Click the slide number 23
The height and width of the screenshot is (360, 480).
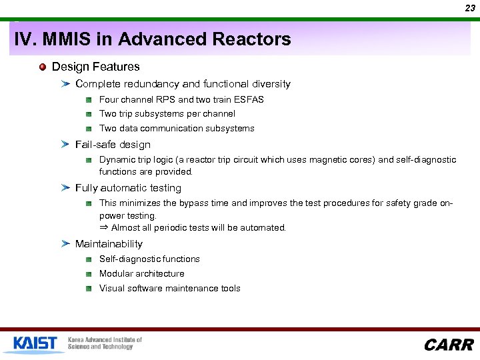[x=470, y=8]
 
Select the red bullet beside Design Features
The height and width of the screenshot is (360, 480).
[x=43, y=67]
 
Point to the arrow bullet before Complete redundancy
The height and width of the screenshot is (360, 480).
[x=65, y=84]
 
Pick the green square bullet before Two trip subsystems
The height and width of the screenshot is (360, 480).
[x=89, y=114]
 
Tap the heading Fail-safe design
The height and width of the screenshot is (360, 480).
[x=113, y=145]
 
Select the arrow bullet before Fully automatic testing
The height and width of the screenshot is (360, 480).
[x=65, y=188]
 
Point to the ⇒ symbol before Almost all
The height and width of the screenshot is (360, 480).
[x=103, y=227]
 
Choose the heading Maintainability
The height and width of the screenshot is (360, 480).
[x=109, y=244]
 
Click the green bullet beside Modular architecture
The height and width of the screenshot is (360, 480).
[x=89, y=274]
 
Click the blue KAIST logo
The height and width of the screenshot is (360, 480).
[x=35, y=343]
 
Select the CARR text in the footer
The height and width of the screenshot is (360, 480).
[x=449, y=345]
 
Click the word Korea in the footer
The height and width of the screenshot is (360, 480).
[x=79, y=340]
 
